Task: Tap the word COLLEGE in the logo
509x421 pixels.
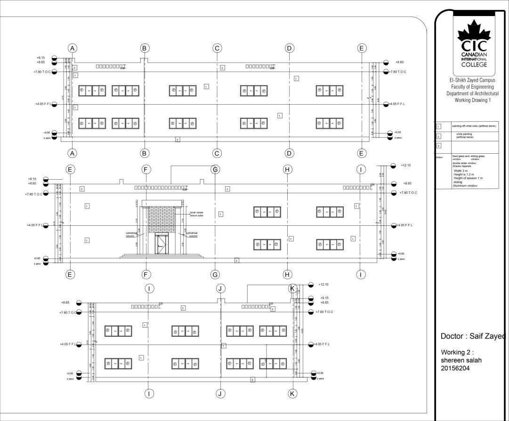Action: tap(474, 65)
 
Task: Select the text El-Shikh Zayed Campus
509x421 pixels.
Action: tap(472, 81)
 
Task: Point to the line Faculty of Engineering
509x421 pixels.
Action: tap(472, 87)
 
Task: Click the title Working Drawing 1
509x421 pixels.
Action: tap(472, 100)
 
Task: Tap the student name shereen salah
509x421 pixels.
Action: tap(461, 361)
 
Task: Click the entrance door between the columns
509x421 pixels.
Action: tap(161, 244)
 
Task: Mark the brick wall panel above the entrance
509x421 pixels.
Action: tap(162, 219)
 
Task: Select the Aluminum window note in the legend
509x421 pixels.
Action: tap(465, 186)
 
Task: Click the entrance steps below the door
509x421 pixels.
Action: tap(162, 256)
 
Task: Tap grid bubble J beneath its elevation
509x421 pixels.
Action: tap(221, 393)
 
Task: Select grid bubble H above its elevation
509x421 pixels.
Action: tap(288, 169)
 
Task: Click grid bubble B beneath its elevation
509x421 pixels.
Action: tap(145, 153)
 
